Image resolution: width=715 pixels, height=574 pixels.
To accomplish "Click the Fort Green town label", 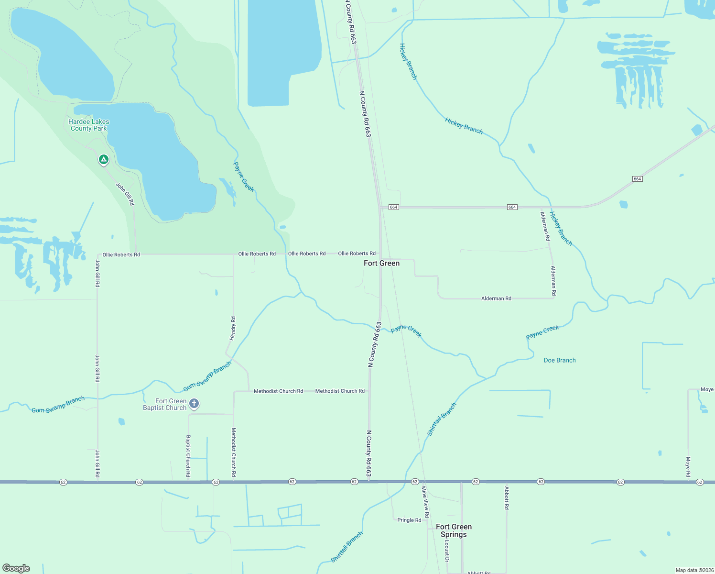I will (381, 263).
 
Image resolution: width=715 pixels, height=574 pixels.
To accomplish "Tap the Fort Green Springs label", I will (454, 530).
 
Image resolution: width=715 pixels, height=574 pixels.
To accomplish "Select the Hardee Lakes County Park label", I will (88, 125).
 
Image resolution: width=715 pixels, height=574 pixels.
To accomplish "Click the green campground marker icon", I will (104, 159).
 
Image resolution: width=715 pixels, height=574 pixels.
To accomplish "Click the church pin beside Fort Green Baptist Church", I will (194, 404).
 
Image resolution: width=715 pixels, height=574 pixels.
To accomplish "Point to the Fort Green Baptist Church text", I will (165, 405).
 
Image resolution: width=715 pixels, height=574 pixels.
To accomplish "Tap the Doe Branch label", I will (560, 360).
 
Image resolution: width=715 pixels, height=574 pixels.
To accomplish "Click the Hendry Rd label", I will (233, 328).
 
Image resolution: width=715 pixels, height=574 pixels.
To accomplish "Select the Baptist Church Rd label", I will (188, 456).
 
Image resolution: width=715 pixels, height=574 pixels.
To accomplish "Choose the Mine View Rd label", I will (425, 502).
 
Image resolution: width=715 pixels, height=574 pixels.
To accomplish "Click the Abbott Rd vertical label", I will (507, 498).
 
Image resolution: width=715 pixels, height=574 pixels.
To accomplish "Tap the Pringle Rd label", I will (409, 520).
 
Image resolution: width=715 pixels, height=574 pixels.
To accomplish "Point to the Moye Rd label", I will (688, 467).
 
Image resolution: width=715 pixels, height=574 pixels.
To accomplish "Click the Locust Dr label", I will (447, 551).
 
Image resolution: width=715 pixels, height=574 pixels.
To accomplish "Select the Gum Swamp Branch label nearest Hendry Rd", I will (207, 376).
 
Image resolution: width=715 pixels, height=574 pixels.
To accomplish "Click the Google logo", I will (16, 568).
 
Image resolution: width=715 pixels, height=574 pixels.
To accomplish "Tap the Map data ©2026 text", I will (694, 570).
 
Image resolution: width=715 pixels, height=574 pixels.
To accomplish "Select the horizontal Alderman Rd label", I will (496, 298).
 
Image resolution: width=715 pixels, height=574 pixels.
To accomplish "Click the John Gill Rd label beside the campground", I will (125, 194).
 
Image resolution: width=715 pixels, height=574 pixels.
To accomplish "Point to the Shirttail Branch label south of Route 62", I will (347, 547).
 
